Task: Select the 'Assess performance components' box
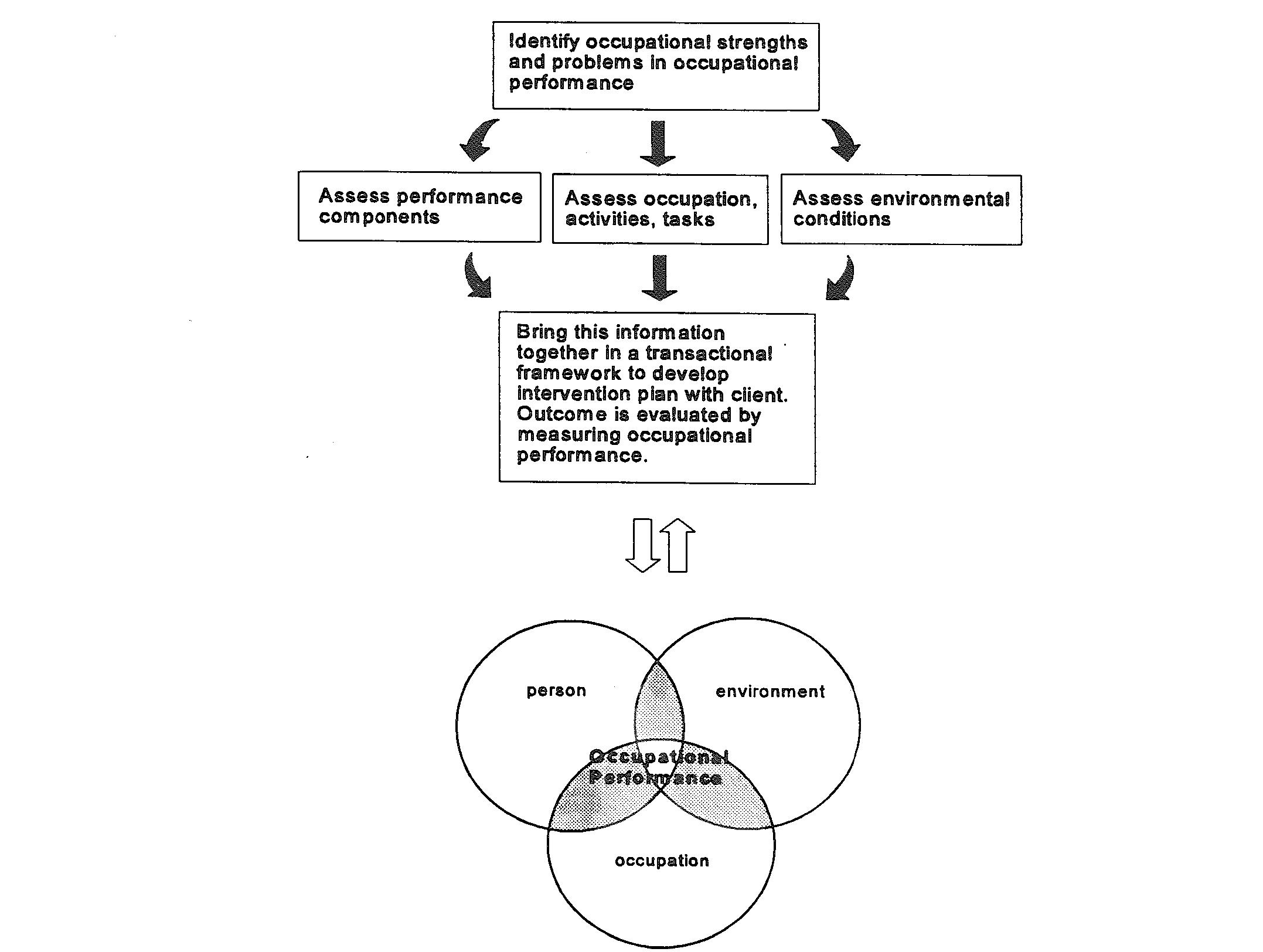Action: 420,206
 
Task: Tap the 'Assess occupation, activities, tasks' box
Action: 660,209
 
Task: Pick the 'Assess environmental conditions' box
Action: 901,209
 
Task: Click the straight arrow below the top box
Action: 658,143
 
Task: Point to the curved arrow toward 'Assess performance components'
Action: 478,141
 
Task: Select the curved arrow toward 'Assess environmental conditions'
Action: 842,141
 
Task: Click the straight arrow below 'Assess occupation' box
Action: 659,277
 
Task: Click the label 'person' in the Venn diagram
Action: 556,691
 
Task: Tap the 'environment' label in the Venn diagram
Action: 770,692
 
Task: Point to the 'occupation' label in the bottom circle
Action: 662,861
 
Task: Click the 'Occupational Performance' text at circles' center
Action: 658,767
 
